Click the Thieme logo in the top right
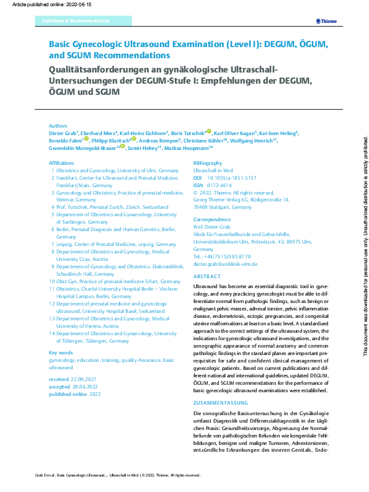click(326, 21)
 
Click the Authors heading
click(58, 125)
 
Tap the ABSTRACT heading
click(207, 276)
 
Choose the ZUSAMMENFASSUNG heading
click(219, 402)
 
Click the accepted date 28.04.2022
click(86, 386)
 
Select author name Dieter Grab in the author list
click(63, 133)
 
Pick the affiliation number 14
click(52, 333)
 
